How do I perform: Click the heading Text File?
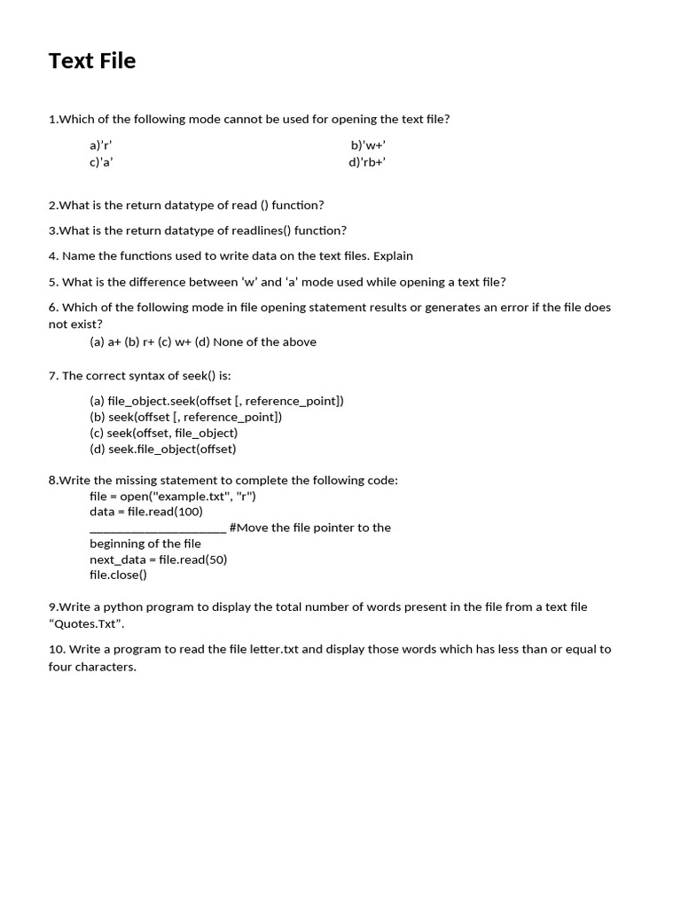coord(91,61)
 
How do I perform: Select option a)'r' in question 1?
coord(101,145)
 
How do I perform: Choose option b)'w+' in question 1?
coord(368,145)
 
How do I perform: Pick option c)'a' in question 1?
coord(101,162)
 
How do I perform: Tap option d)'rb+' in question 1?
coord(367,162)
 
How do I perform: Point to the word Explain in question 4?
coord(393,256)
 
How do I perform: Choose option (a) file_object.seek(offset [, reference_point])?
coord(216,401)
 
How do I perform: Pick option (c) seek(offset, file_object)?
coord(163,434)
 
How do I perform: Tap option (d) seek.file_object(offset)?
coord(162,450)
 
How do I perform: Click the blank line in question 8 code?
coord(158,528)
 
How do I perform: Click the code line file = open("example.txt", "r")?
coord(173,497)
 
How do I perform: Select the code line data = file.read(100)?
coord(146,512)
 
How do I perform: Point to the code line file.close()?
coord(118,575)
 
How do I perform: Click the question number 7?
coord(52,376)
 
